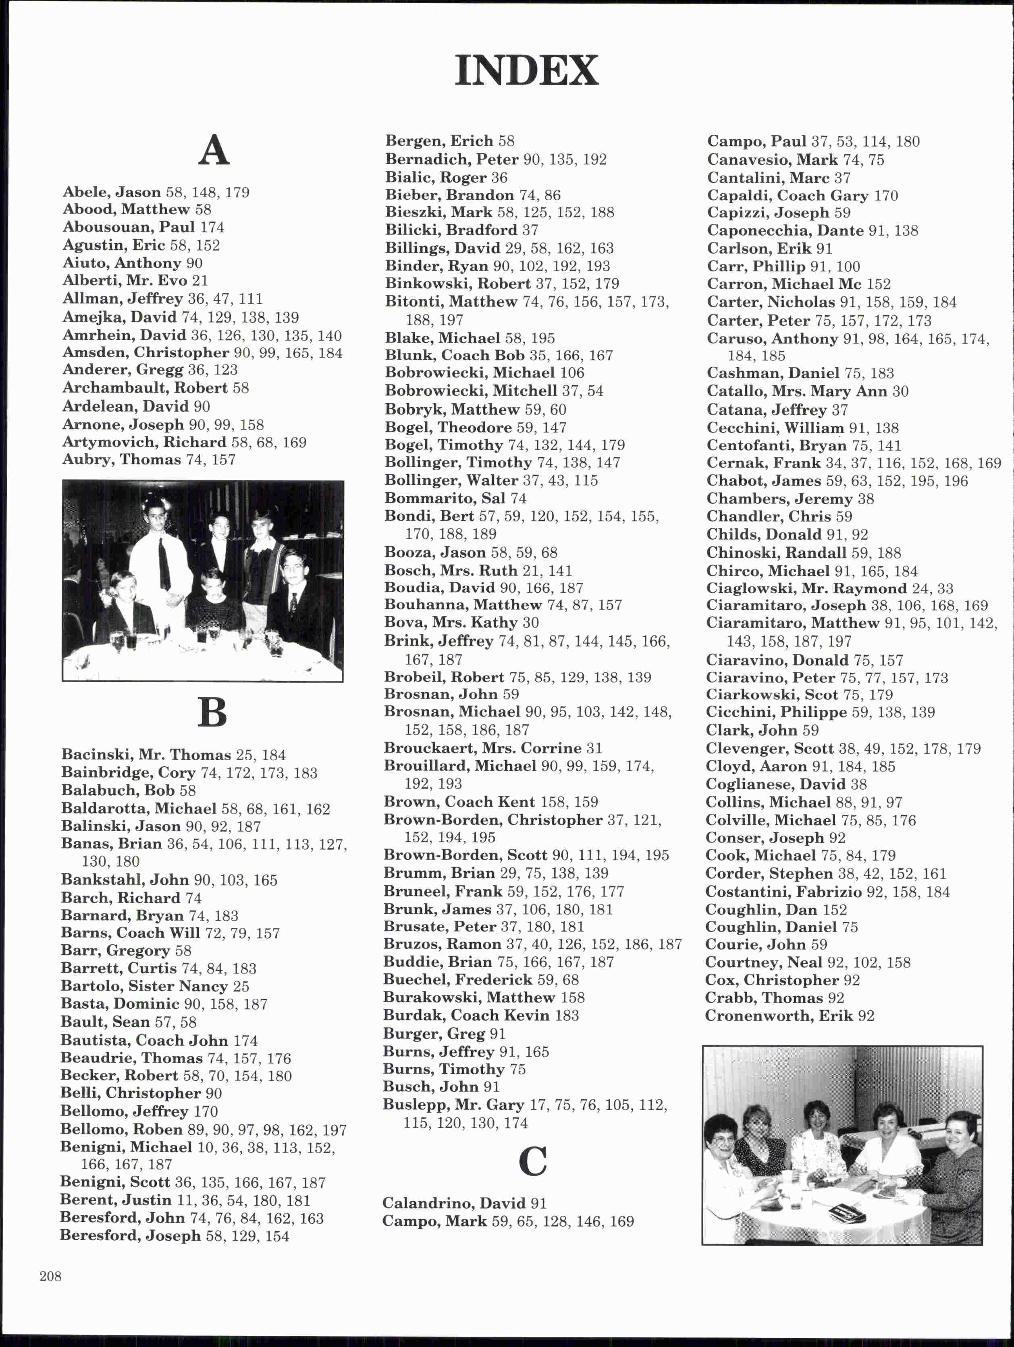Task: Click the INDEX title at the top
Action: (x=526, y=70)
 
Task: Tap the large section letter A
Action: (x=213, y=151)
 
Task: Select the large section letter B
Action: (x=212, y=712)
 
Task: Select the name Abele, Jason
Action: (x=112, y=192)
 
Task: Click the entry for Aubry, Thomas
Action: (x=121, y=460)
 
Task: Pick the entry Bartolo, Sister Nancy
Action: (x=144, y=986)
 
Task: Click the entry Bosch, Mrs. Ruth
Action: (x=451, y=571)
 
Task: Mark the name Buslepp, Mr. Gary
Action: (x=453, y=1105)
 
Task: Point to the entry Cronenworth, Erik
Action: (x=779, y=1016)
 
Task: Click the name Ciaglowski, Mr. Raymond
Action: (x=806, y=588)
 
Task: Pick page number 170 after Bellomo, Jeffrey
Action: (x=206, y=1111)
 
